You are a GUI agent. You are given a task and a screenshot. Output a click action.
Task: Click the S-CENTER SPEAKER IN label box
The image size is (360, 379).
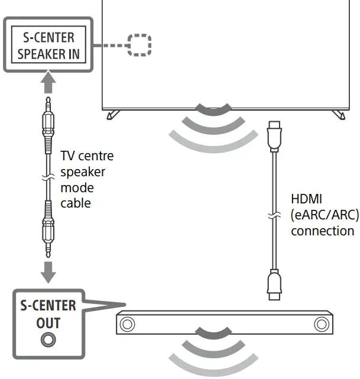click(47, 46)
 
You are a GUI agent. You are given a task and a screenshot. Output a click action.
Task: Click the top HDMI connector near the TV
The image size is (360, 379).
click(274, 137)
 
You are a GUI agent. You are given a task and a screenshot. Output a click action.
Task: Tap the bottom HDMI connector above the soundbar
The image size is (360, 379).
click(274, 283)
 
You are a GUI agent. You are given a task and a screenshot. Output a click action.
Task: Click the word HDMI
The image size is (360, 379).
click(307, 199)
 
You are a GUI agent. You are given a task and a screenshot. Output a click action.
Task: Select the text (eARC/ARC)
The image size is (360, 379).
click(325, 215)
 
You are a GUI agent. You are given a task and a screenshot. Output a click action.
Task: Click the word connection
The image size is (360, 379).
click(322, 231)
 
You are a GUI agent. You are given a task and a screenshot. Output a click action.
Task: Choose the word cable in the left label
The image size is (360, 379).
click(76, 203)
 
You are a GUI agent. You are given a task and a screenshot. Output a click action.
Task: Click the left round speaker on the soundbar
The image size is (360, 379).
click(126, 323)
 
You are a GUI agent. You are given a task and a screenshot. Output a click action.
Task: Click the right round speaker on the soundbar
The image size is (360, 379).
click(321, 323)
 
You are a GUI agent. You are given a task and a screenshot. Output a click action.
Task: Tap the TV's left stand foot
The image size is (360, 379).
click(110, 115)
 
